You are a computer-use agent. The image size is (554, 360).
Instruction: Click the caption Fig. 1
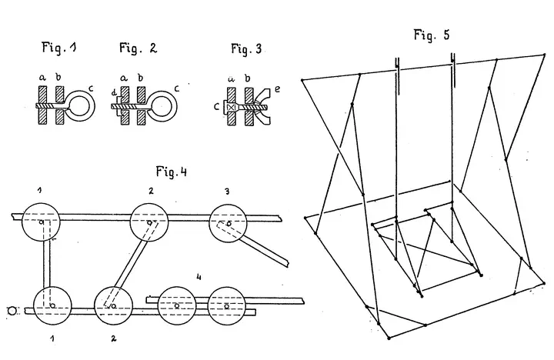[x=59, y=48]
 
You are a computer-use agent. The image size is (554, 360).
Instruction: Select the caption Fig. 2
[x=138, y=48]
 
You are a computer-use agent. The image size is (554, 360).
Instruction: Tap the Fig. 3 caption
[x=246, y=48]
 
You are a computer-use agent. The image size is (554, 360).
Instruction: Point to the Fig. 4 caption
[x=172, y=172]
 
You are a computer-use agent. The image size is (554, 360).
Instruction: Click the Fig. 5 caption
[x=432, y=35]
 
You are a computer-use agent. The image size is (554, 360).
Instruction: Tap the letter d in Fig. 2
[x=114, y=93]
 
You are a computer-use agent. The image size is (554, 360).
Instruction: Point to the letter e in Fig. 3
[x=277, y=89]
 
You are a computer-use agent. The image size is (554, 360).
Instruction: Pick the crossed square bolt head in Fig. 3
[x=232, y=106]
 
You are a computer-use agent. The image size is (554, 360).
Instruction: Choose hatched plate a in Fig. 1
[x=42, y=105]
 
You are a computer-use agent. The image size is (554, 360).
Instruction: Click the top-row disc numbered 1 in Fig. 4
[x=41, y=222]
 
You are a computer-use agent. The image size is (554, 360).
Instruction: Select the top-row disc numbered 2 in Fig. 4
[x=149, y=222]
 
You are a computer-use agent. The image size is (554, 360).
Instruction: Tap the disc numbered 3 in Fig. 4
[x=229, y=223]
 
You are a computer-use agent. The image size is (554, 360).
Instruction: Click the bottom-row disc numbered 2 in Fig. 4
[x=113, y=306]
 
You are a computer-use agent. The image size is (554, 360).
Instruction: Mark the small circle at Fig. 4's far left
[x=12, y=311]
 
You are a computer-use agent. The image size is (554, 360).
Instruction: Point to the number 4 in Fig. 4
[x=199, y=277]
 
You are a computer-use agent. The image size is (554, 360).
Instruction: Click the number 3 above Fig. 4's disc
[x=227, y=192]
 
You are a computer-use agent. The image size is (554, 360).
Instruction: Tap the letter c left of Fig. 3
[x=217, y=107]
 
